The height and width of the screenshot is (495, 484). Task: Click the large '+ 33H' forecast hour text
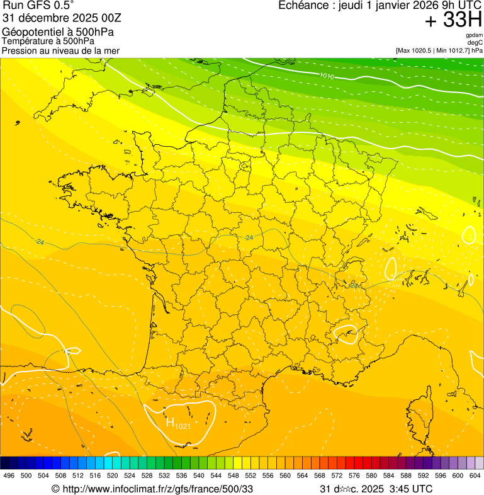coord(453,21)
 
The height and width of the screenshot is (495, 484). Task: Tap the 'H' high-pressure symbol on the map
coord(170,421)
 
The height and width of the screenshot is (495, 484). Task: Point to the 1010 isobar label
coord(327,76)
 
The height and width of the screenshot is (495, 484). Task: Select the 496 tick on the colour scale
coord(9,475)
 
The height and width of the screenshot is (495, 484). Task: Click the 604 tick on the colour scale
coord(475,475)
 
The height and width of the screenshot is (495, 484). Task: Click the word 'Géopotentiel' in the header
coord(30,32)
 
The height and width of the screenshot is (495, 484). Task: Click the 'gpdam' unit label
coord(474,35)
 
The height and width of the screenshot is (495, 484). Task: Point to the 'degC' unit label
coord(476,42)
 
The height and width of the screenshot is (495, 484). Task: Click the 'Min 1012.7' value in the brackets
coord(452,50)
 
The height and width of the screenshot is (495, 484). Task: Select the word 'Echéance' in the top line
coord(302,5)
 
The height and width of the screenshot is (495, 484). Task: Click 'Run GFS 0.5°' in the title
coord(38,6)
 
